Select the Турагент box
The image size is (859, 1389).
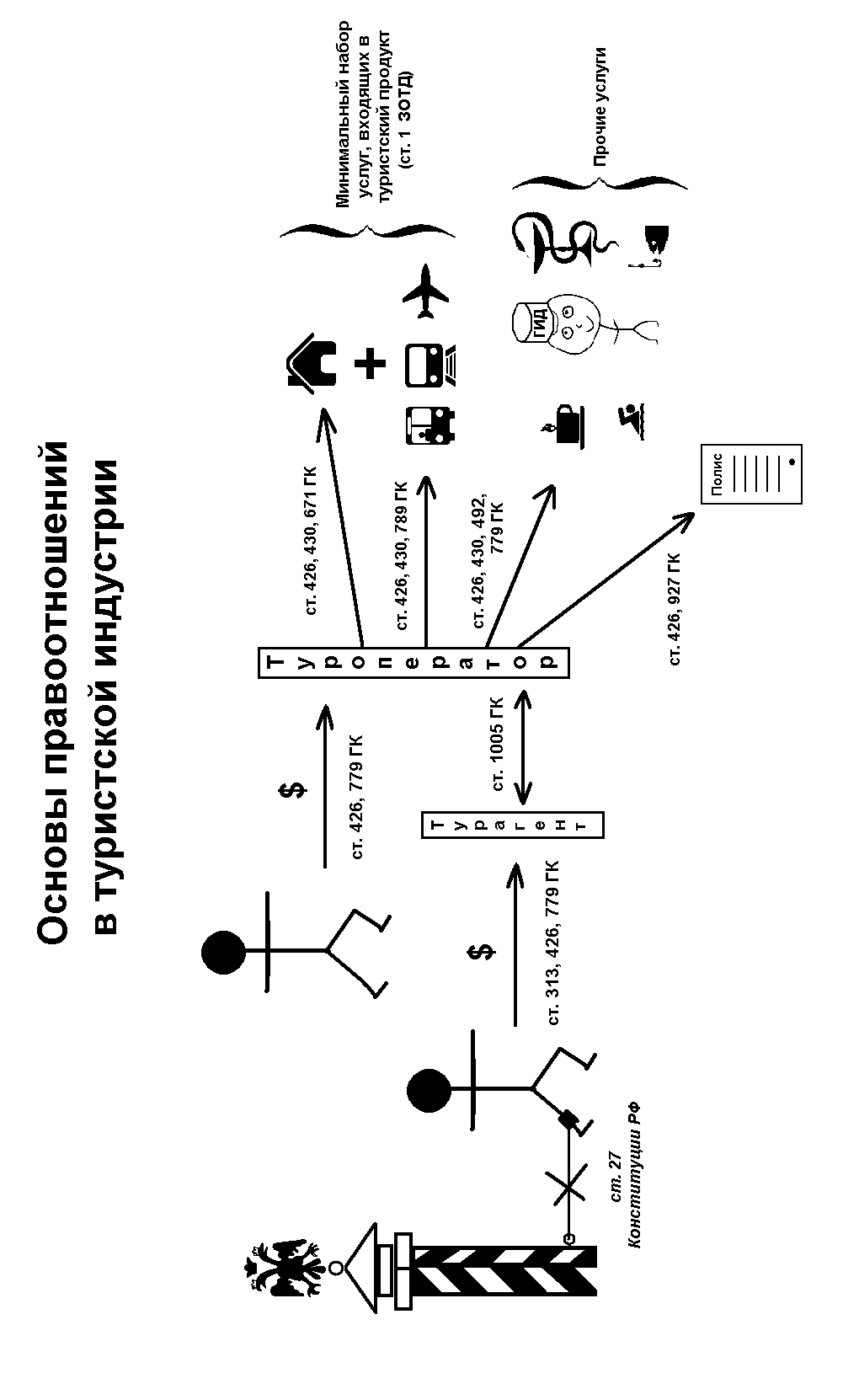coord(512,825)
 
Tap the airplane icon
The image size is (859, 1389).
coord(426,292)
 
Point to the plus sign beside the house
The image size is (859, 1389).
coord(370,364)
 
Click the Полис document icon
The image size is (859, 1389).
coord(751,473)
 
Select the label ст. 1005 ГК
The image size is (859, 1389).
coord(498,744)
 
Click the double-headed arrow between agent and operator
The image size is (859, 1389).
coord(524,746)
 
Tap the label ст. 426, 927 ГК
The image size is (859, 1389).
coord(675,608)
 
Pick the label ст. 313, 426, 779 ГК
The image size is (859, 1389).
coord(553,943)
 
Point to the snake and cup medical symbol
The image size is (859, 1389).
coord(564,243)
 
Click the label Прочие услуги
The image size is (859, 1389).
coord(600,107)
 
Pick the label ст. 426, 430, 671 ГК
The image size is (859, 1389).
coord(312,539)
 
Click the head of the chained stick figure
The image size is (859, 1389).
coord(429,1091)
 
